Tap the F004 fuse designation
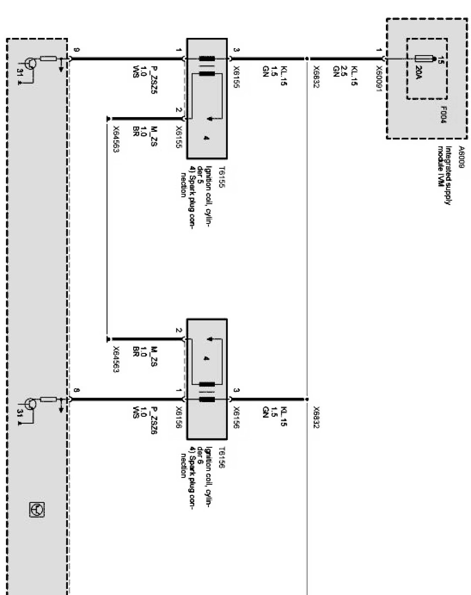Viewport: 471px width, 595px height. (443, 115)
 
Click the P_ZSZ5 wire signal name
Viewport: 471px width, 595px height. (154, 78)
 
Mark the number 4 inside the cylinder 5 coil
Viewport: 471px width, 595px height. (206, 139)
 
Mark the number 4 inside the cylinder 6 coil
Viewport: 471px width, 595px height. (206, 358)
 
